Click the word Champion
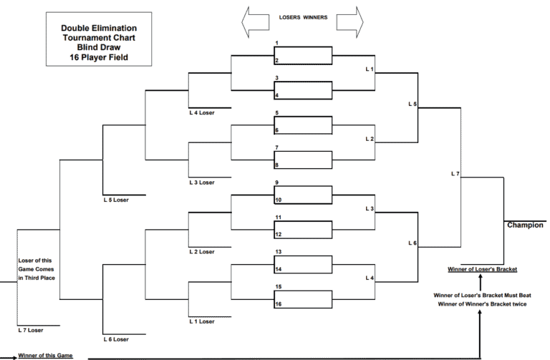[x=525, y=225]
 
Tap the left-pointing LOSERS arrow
[x=255, y=22]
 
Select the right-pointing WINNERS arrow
[x=349, y=22]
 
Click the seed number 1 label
[x=276, y=43]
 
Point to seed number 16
[x=279, y=304]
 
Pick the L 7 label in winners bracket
[x=455, y=173]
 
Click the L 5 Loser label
[x=116, y=200]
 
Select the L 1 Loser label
[x=202, y=321]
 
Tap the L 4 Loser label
[x=202, y=112]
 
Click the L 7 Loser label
[x=31, y=330]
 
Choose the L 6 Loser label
[x=116, y=339]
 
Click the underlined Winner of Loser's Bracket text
[x=482, y=269]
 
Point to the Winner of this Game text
[x=45, y=356]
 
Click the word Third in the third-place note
[x=32, y=278]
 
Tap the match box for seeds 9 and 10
[x=303, y=195]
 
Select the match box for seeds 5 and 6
[x=303, y=125]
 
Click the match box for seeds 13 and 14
[x=303, y=265]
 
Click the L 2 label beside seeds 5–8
[x=370, y=139]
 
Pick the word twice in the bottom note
[x=518, y=304]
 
